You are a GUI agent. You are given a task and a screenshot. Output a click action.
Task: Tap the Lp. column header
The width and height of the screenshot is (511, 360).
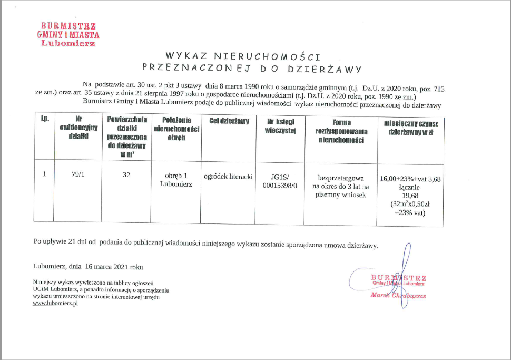[45, 119]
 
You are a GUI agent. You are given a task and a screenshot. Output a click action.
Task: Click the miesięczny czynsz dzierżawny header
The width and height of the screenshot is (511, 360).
[410, 127]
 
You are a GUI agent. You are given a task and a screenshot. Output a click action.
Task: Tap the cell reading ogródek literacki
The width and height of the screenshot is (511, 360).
[229, 176]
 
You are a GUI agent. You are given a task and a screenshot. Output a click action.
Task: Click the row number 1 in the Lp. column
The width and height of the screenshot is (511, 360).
[45, 174]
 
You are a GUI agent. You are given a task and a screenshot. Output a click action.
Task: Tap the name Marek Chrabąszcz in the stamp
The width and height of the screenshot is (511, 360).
[398, 296]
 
